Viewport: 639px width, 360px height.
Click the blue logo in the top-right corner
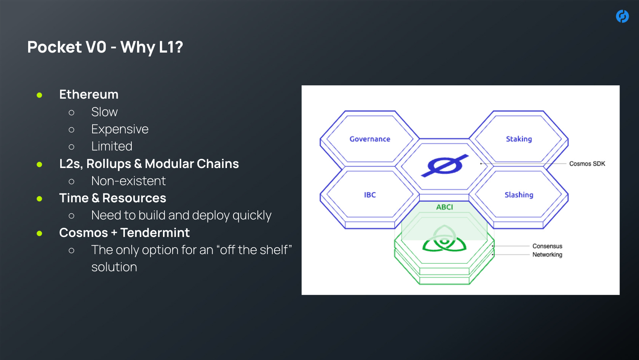(622, 16)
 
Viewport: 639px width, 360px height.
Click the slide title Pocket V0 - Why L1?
(105, 47)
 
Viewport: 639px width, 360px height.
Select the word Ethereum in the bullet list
(89, 94)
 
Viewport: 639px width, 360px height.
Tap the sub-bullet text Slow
(104, 112)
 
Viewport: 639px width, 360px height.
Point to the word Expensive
(120, 129)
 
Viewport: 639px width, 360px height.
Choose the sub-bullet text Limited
(112, 146)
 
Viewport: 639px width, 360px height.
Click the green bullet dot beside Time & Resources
(40, 198)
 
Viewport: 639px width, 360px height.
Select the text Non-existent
(128, 181)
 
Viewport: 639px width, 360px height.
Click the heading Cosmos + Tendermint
(124, 233)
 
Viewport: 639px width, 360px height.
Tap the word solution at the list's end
(114, 267)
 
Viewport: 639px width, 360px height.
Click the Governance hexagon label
(370, 139)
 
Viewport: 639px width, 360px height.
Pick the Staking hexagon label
(519, 139)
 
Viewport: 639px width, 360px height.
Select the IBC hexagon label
(370, 195)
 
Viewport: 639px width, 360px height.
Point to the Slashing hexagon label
(519, 195)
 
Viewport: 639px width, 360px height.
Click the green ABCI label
(444, 207)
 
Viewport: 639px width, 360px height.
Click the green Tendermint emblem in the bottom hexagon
(444, 240)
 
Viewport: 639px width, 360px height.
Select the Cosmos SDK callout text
(587, 164)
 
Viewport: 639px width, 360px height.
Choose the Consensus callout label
(547, 246)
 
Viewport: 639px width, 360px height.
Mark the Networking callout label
(547, 254)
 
